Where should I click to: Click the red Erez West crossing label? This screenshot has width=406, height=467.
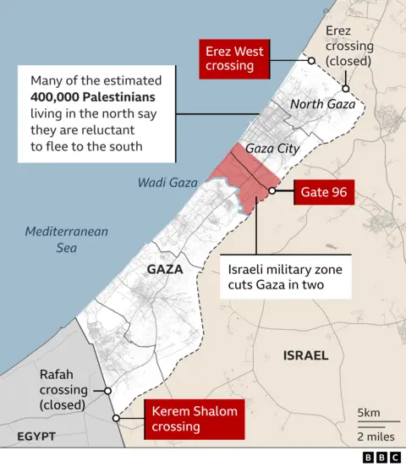(x=234, y=58)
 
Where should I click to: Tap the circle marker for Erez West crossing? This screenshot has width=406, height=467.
(x=311, y=61)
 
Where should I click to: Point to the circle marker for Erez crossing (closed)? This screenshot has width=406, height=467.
(x=345, y=88)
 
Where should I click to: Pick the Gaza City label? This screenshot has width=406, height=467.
(x=272, y=148)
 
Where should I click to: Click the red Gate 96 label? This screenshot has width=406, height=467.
(x=324, y=192)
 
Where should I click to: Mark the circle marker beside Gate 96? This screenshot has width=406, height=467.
(x=272, y=191)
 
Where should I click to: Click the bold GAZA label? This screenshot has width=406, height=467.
(x=165, y=269)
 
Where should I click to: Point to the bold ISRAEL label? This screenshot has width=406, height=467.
(x=305, y=355)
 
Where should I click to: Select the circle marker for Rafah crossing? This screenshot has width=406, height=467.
(x=107, y=391)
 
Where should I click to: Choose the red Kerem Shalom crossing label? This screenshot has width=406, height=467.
(x=195, y=419)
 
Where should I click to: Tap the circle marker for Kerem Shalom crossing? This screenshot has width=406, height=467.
(x=116, y=419)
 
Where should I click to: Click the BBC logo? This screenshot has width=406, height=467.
(x=381, y=457)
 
